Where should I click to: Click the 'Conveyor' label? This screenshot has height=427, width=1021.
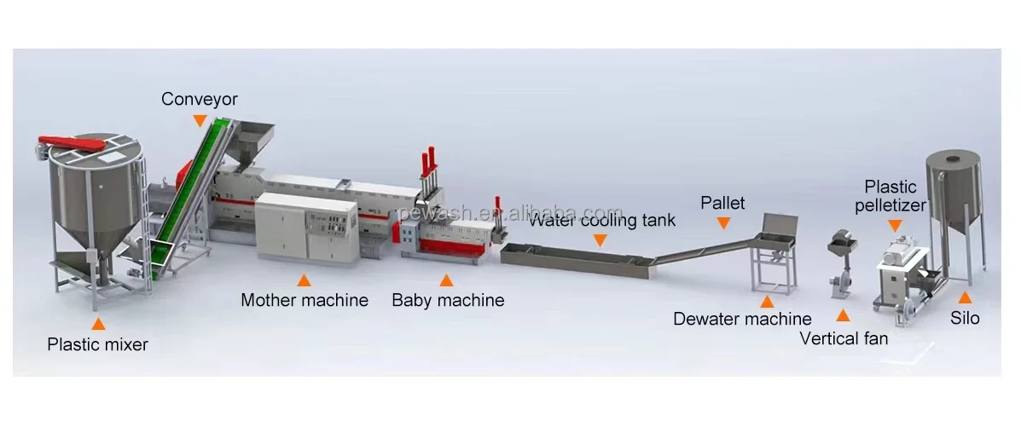tap(200, 100)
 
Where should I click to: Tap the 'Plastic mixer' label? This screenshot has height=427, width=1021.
tap(97, 345)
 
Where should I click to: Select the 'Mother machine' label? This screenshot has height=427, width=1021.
tap(305, 300)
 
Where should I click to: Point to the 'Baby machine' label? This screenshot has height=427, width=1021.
tap(448, 300)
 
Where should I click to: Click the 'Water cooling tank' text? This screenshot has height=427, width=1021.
tap(601, 221)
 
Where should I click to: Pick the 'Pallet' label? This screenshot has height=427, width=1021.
tap(722, 203)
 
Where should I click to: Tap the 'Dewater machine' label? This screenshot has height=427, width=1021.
tap(742, 320)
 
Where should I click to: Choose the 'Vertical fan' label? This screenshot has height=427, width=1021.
tap(844, 338)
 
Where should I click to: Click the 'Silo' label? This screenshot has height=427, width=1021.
tap(965, 319)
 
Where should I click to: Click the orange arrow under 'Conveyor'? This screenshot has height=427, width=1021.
tap(200, 120)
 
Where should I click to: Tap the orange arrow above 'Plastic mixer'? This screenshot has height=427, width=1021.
tap(98, 324)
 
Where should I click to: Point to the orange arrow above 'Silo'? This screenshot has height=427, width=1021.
tap(965, 298)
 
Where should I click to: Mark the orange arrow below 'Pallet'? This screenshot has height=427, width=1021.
tap(723, 223)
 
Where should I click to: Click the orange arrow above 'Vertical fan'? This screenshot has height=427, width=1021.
tap(843, 316)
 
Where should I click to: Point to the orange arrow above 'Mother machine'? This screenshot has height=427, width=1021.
tap(304, 280)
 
